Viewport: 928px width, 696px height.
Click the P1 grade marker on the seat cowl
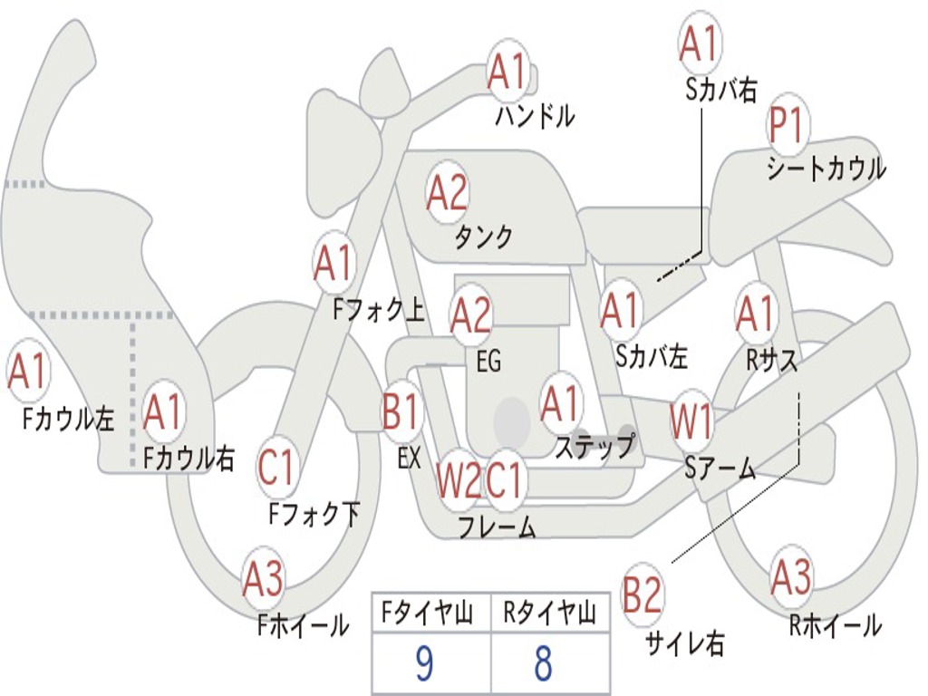click(788, 128)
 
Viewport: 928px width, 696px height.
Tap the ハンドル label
click(535, 116)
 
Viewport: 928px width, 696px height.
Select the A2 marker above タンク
click(447, 192)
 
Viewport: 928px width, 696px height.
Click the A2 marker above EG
click(470, 315)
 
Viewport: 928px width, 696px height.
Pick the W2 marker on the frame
click(459, 480)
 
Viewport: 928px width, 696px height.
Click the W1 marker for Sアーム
click(691, 422)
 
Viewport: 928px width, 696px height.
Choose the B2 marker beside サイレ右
click(643, 595)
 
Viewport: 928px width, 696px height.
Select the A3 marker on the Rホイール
click(791, 577)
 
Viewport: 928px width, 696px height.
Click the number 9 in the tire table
click(423, 664)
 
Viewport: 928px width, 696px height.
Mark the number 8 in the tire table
click(543, 664)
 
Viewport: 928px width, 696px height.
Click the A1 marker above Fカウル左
click(27, 372)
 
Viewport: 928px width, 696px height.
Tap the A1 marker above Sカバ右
click(699, 43)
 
